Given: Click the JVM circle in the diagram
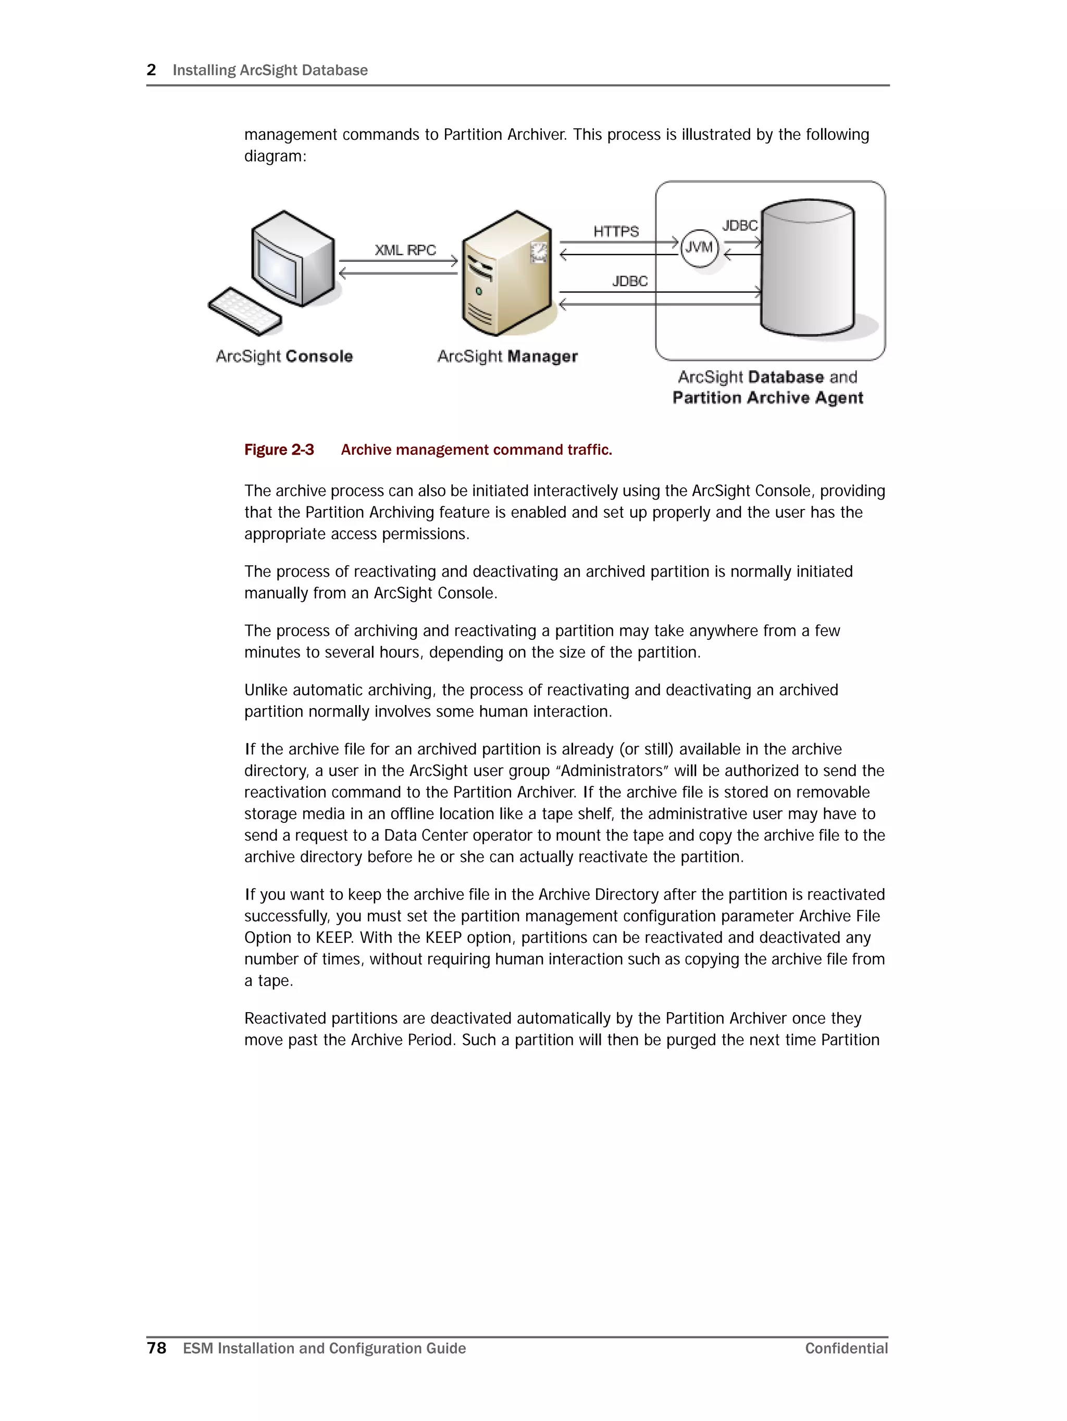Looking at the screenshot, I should pyautogui.click(x=699, y=248).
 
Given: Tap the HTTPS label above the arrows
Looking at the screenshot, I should pyautogui.click(x=616, y=231).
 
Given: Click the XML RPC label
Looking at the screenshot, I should pyautogui.click(x=405, y=250).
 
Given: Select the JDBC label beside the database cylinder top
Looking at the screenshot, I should pyautogui.click(x=740, y=225).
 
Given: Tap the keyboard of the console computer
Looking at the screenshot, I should pyautogui.click(x=244, y=311).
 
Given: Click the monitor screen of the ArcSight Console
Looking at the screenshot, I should pyautogui.click(x=277, y=269).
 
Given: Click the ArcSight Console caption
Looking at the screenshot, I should pyautogui.click(x=284, y=357).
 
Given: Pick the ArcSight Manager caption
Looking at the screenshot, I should pyautogui.click(x=507, y=357).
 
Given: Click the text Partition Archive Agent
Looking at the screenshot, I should pyautogui.click(x=767, y=398).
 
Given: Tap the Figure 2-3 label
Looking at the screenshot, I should pyautogui.click(x=279, y=450).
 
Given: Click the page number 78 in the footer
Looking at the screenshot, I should pyautogui.click(x=157, y=1348).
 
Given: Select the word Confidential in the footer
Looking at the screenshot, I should pyautogui.click(x=846, y=1349).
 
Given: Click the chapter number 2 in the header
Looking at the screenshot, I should pyautogui.click(x=152, y=70).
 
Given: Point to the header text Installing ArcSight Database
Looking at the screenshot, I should pyautogui.click(x=270, y=70).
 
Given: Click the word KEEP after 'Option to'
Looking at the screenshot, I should pyautogui.click(x=334, y=938).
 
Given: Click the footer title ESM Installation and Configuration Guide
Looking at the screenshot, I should pyautogui.click(x=324, y=1349).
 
